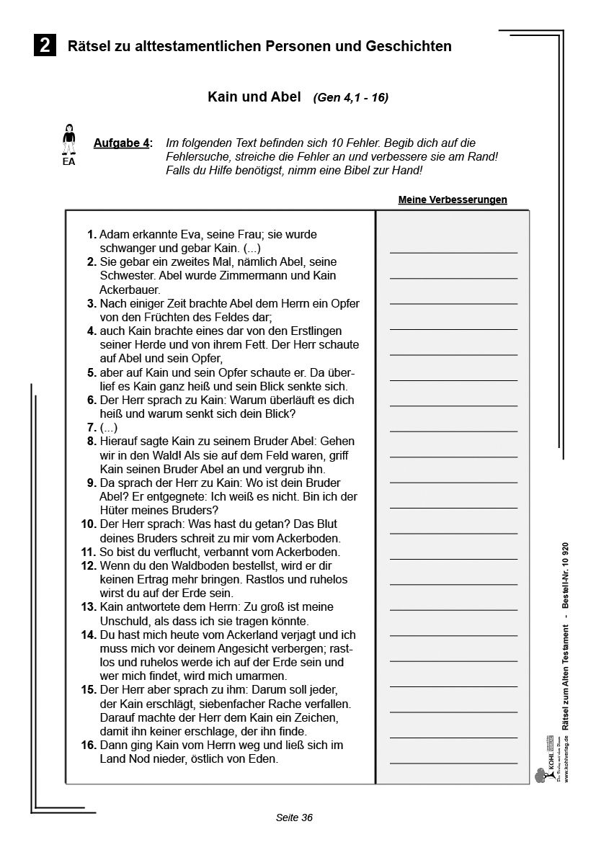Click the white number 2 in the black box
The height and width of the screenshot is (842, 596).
pyautogui.click(x=45, y=46)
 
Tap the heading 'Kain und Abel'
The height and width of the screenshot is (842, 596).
pyautogui.click(x=254, y=97)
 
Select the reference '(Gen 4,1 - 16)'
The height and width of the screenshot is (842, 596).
pyautogui.click(x=350, y=98)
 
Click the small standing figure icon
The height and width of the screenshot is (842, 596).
pyautogui.click(x=68, y=139)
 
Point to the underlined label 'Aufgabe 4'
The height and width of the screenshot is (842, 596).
pyautogui.click(x=123, y=143)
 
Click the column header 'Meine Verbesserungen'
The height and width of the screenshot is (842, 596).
pyautogui.click(x=453, y=200)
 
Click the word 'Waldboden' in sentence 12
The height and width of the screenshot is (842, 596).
pyautogui.click(x=188, y=565)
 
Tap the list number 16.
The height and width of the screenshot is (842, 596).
pyautogui.click(x=88, y=745)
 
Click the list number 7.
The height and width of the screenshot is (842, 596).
pyautogui.click(x=91, y=427)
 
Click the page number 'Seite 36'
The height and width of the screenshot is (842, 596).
pyautogui.click(x=294, y=818)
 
